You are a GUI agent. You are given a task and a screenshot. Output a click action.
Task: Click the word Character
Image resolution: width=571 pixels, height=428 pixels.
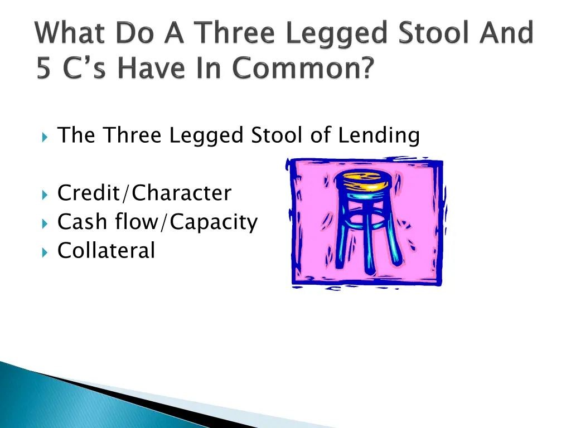click(182, 193)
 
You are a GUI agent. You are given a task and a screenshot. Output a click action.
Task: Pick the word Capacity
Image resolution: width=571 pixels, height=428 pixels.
click(214, 222)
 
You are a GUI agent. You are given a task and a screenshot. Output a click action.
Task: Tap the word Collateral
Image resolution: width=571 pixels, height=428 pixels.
click(106, 250)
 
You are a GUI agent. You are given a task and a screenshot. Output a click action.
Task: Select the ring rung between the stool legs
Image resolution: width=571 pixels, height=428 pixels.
click(365, 226)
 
